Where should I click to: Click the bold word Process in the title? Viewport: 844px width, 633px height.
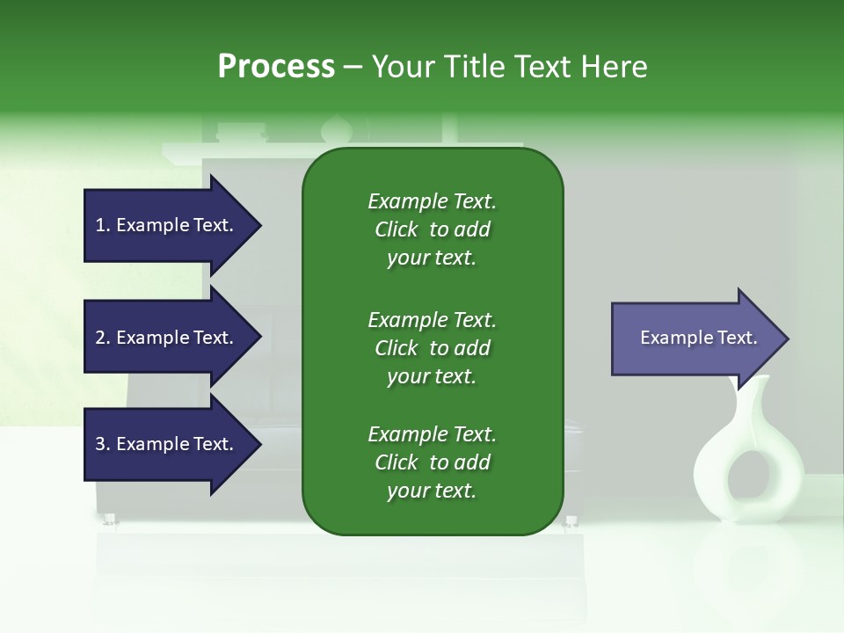click(x=276, y=67)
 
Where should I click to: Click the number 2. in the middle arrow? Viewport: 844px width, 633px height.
click(x=102, y=338)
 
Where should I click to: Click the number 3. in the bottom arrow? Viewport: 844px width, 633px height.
click(x=102, y=444)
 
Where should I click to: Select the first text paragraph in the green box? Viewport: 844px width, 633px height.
click(x=432, y=229)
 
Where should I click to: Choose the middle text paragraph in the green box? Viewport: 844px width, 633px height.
click(x=432, y=347)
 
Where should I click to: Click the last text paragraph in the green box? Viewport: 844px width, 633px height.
click(x=432, y=462)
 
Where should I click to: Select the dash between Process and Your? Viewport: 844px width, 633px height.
click(x=353, y=67)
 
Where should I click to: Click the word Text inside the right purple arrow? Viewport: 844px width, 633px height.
click(x=737, y=338)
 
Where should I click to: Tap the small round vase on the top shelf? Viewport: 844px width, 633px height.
click(x=336, y=129)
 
